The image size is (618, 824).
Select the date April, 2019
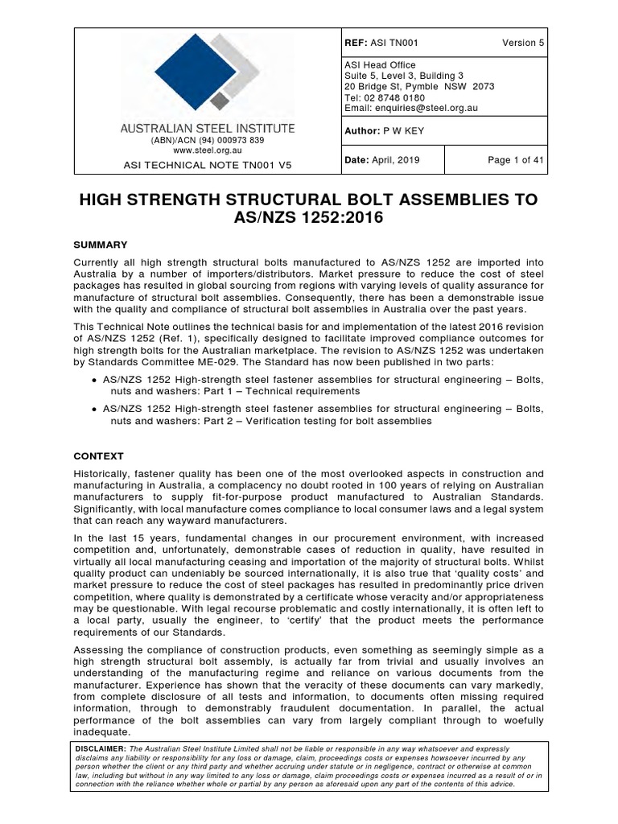coord(394,160)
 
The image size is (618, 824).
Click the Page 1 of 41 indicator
coord(516,160)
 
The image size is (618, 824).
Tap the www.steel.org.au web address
coord(207,150)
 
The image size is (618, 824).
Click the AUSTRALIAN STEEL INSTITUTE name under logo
coord(208,128)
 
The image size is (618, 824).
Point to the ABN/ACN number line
coord(207,140)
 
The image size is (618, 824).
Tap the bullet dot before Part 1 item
coord(96,378)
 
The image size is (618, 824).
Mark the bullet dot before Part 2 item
coord(96,409)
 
